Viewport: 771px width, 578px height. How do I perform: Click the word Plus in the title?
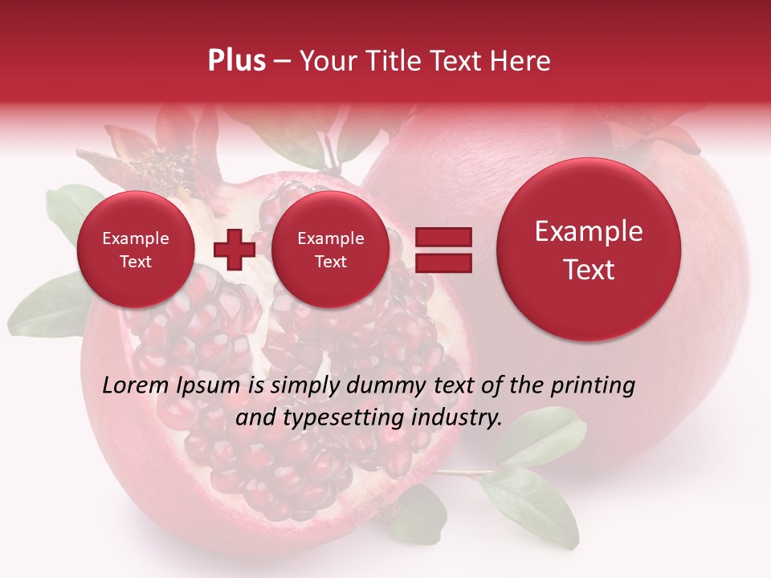236,61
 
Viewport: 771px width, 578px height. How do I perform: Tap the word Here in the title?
521,61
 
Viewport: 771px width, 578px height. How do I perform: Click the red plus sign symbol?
234,250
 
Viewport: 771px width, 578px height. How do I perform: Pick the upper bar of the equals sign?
443,237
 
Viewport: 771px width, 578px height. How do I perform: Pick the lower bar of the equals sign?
443,262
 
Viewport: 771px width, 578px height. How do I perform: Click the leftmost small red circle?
135,250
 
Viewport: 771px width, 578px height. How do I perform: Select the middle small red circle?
330,250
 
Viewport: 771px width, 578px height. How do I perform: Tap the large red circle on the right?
589,250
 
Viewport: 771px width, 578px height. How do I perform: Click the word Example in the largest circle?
589,231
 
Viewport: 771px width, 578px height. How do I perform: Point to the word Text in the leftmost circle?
135,262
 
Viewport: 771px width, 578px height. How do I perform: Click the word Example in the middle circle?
330,238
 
